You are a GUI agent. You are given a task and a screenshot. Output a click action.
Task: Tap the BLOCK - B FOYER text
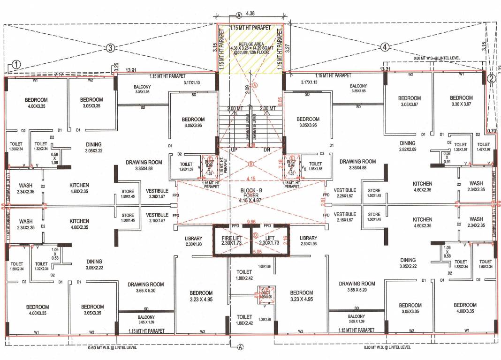point(250,194)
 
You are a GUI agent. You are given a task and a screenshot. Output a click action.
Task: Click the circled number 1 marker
point(16,66)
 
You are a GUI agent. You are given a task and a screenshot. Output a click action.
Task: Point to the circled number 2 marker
point(491,79)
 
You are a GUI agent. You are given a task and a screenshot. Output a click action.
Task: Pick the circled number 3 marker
point(110,47)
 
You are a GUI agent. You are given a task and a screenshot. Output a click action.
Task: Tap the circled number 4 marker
point(384,47)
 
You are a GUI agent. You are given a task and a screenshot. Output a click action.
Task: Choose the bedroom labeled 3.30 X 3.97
point(461,101)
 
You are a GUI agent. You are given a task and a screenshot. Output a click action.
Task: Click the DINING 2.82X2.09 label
point(408,146)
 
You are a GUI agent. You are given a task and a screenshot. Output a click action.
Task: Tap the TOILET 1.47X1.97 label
point(483,146)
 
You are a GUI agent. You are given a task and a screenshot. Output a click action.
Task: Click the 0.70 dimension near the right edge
point(492,131)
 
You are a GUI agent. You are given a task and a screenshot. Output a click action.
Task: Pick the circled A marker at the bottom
point(240,347)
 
